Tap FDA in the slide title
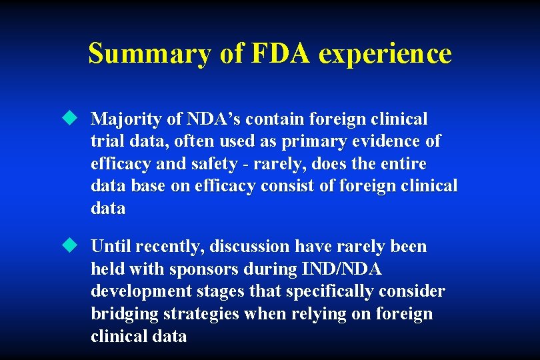pos(281,53)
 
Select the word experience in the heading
pos(385,53)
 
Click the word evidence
pos(390,141)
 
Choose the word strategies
pos(199,314)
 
